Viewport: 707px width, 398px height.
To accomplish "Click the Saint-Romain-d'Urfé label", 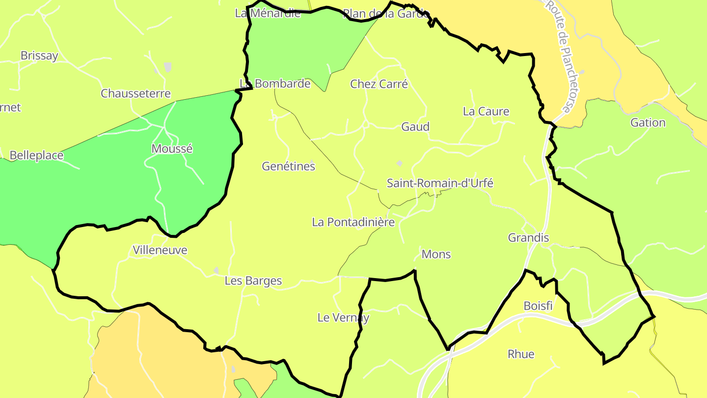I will tap(440, 183).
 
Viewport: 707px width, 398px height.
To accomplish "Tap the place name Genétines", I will tap(288, 166).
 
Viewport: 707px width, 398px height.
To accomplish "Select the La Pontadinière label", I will tap(353, 222).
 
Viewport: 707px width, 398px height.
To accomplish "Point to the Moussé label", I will tap(172, 148).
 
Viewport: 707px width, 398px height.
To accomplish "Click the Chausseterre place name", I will tap(136, 93).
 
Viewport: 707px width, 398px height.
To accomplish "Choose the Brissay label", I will tap(39, 56).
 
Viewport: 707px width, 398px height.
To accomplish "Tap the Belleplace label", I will tap(36, 155).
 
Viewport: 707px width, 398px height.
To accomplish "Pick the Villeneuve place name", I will tap(160, 250).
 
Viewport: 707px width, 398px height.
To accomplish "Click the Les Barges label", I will tap(253, 281).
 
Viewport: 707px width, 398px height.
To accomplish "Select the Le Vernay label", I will tap(343, 317).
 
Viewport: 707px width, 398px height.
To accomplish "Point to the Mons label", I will tap(436, 254).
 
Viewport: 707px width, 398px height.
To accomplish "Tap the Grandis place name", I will tap(528, 238).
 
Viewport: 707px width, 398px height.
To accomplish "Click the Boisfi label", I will tap(538, 306).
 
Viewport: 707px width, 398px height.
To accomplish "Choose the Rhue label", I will tap(520, 354).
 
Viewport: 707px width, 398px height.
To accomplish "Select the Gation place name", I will tap(648, 122).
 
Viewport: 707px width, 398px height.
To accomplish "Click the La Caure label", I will tap(486, 112).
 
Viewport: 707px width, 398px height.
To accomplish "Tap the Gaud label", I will tap(415, 127).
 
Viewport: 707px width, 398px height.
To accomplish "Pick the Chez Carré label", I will tap(379, 84).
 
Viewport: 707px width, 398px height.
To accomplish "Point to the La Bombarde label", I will tap(275, 84).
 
